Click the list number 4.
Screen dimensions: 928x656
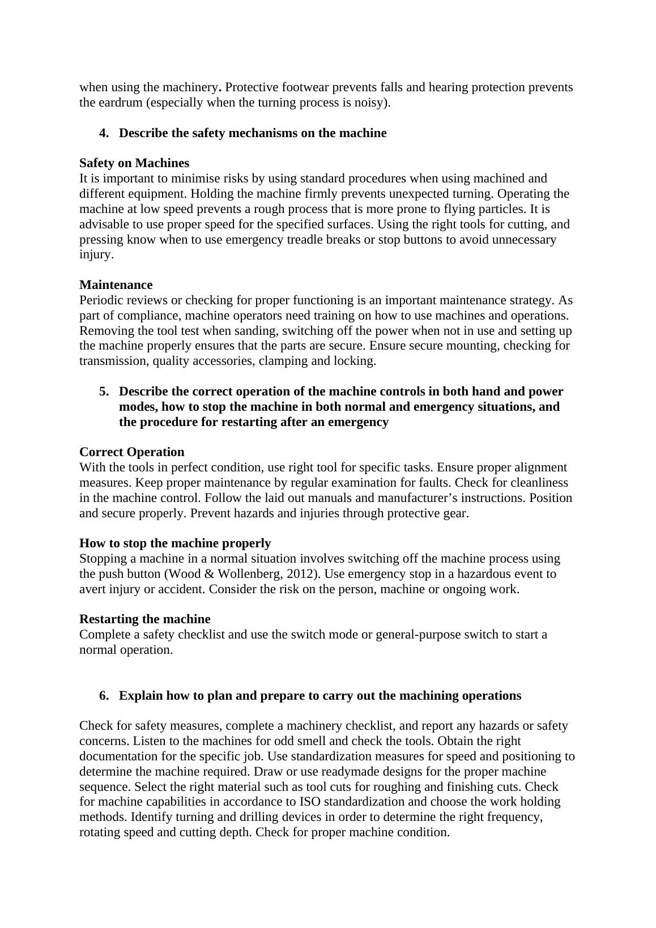[x=104, y=133]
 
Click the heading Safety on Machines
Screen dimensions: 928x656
[x=134, y=163]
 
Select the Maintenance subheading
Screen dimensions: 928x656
[x=116, y=284]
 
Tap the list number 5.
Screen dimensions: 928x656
[x=104, y=391]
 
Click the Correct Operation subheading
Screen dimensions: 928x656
[x=131, y=452]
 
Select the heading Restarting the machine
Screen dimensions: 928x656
[x=144, y=619]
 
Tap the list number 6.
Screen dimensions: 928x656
[x=104, y=696]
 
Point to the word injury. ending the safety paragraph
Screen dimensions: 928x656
[x=96, y=254]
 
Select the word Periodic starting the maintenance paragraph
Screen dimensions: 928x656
[x=100, y=300]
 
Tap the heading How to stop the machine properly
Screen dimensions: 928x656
[x=175, y=543]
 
